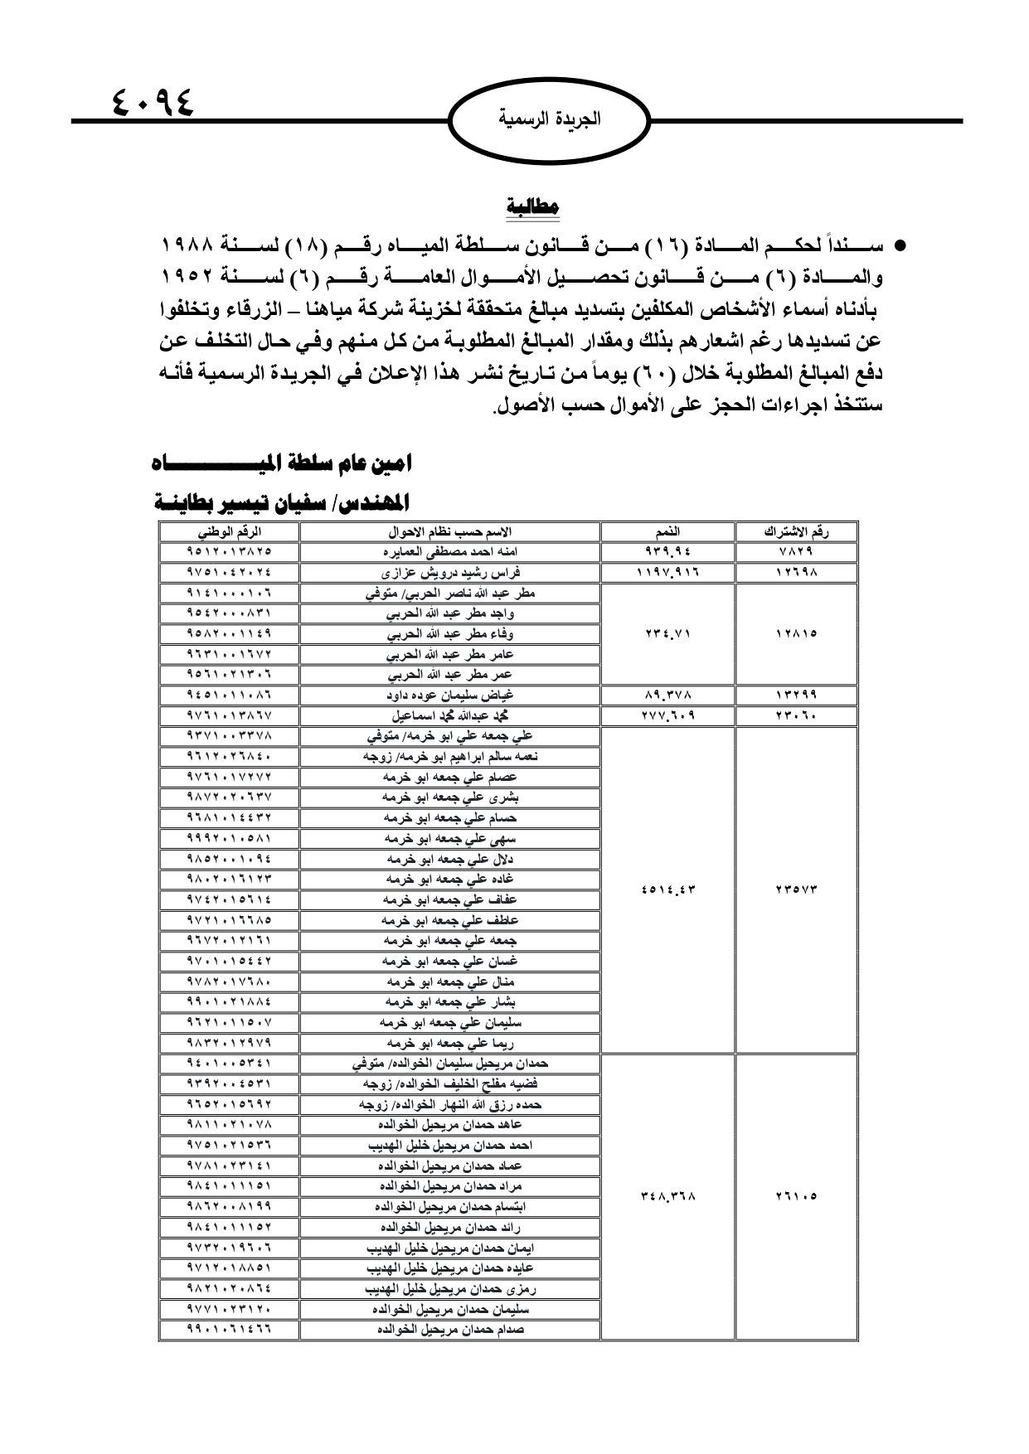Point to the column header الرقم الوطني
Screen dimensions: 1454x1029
coord(229,532)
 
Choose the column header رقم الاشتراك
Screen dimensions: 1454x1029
coord(796,532)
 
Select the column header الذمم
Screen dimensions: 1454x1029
coord(667,532)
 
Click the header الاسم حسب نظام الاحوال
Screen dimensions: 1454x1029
coord(449,532)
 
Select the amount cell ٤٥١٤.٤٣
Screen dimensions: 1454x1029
coord(667,890)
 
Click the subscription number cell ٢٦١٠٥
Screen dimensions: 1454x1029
coord(796,1196)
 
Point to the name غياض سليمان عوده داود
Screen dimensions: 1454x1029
coord(449,695)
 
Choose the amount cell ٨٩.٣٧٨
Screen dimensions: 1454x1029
coord(667,695)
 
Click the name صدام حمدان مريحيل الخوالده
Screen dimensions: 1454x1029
coord(449,1329)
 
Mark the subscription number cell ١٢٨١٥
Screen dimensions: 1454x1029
coord(796,634)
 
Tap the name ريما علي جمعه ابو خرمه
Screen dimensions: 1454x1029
coord(449,1043)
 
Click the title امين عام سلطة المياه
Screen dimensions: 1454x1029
coord(282,463)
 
